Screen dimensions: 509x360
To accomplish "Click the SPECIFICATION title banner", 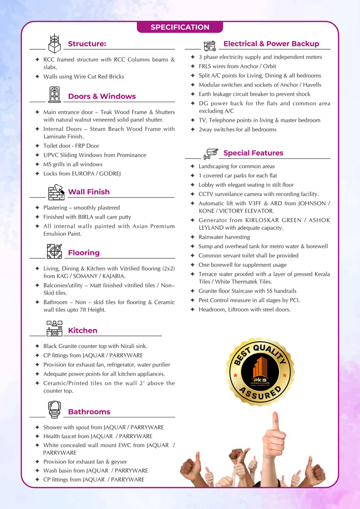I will (x=180, y=27).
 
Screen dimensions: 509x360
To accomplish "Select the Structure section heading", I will (x=87, y=44).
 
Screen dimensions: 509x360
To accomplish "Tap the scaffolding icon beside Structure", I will (x=53, y=43).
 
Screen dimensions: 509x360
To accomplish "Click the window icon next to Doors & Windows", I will (x=54, y=94).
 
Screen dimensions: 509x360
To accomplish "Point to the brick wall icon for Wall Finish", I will (x=56, y=192).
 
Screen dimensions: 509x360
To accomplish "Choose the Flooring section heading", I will (x=84, y=253).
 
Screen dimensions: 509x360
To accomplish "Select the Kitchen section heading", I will (x=83, y=330).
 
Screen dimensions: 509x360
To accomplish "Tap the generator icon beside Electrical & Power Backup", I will (x=210, y=44).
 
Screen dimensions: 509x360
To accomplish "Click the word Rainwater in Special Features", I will (x=211, y=237).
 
